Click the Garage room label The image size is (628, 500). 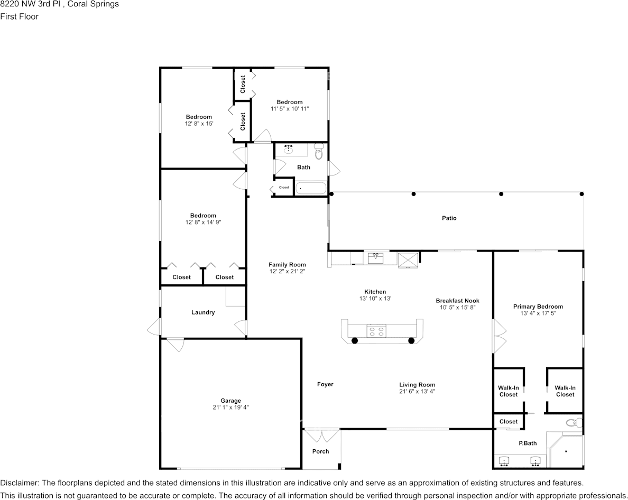click(230, 401)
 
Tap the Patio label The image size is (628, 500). click(449, 218)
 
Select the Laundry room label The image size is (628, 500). click(203, 312)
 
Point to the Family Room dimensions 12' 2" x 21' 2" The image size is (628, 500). click(287, 272)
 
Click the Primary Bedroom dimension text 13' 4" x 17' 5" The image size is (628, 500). click(538, 313)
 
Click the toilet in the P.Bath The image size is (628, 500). click(573, 422)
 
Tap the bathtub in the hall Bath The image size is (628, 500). click(310, 188)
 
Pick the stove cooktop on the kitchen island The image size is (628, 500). click(377, 331)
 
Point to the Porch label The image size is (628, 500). click(320, 451)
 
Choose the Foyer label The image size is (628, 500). click(325, 384)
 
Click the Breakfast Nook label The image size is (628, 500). click(457, 301)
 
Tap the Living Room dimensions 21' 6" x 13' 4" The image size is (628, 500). click(417, 392)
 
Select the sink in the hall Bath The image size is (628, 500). click(289, 150)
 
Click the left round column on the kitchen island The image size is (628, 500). click(355, 340)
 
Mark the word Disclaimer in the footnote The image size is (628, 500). click(19, 483)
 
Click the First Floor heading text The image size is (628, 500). click(19, 16)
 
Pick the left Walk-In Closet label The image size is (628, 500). click(509, 391)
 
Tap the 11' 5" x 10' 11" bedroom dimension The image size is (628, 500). click(289, 109)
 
